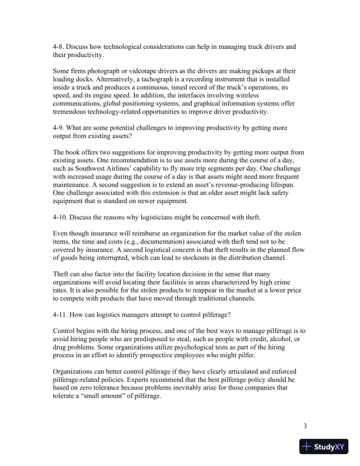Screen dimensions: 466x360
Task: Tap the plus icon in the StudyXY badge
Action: (306, 447)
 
